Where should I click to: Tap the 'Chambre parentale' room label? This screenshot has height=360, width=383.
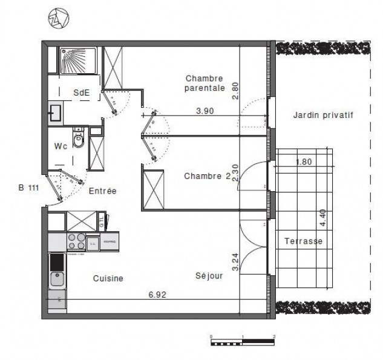(205, 83)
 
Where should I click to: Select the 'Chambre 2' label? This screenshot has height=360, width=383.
(206, 176)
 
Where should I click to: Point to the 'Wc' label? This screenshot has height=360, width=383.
(61, 146)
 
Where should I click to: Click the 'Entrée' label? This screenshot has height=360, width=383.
(102, 191)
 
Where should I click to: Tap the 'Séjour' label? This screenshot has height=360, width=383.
(209, 276)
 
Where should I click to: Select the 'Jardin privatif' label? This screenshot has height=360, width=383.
(322, 114)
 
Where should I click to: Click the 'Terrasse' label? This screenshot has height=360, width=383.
(303, 241)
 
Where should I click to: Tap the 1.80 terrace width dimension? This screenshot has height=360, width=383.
(304, 162)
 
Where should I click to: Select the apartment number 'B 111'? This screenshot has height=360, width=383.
(29, 188)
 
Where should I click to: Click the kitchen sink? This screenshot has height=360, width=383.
(57, 279)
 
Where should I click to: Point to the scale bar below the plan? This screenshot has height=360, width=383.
(242, 341)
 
